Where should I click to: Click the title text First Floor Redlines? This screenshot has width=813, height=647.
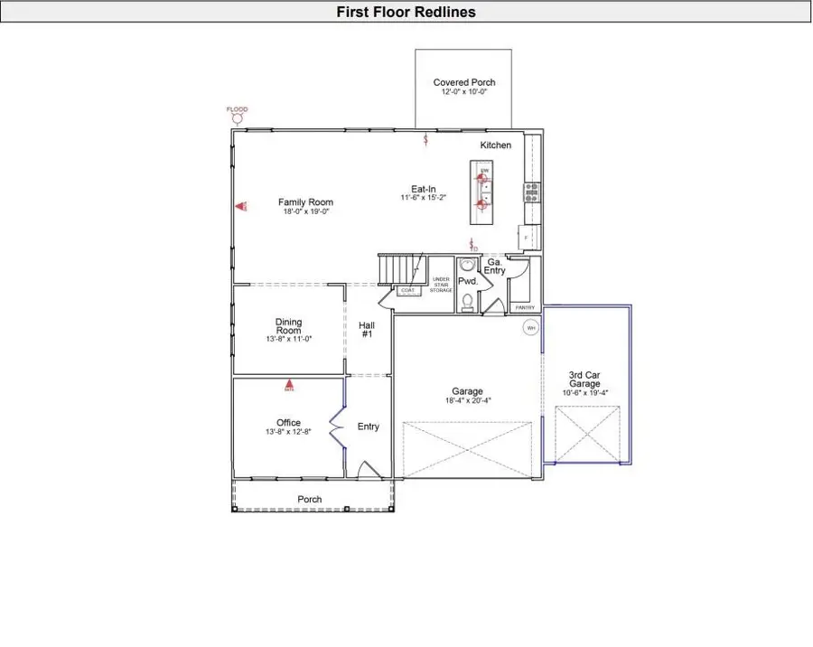coord(406,12)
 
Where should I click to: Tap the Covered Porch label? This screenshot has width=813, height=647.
coord(463,82)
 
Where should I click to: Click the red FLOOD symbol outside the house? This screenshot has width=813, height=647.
coord(237,117)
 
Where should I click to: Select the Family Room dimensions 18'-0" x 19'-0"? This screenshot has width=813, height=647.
coord(305,212)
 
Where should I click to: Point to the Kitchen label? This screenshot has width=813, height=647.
coord(495,145)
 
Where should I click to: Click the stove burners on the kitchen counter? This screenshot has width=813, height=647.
coord(532,191)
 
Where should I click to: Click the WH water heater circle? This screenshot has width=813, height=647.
coord(531,327)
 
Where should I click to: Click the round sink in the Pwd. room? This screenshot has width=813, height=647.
coord(467,266)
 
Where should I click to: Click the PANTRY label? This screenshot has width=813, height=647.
coord(525,307)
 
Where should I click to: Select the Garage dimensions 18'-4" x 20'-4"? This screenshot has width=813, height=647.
coord(467,400)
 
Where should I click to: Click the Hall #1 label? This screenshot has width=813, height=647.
coord(367,329)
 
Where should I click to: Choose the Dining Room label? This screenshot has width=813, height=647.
coord(289,326)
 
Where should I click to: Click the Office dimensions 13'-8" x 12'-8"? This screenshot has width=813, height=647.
coord(288,433)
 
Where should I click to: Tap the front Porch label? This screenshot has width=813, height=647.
coord(310,500)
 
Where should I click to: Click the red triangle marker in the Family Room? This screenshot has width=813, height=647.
coord(241,207)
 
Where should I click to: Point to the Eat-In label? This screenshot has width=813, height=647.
coord(424,189)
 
